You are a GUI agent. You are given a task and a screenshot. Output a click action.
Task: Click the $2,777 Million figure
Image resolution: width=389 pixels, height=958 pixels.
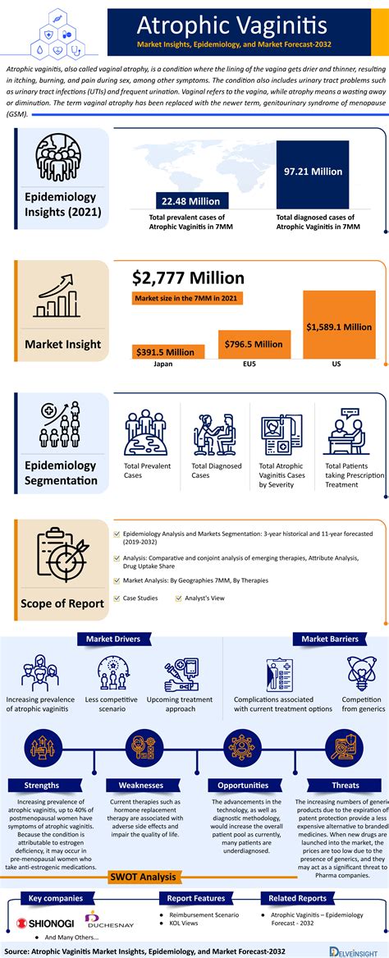[x=188, y=277]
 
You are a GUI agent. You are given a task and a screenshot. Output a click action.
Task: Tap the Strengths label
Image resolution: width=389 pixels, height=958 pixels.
[x=41, y=785]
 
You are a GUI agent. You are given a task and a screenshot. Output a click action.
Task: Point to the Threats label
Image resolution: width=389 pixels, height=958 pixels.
[x=346, y=785]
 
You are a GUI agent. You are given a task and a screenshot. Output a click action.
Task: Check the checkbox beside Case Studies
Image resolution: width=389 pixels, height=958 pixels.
[x=116, y=598]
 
